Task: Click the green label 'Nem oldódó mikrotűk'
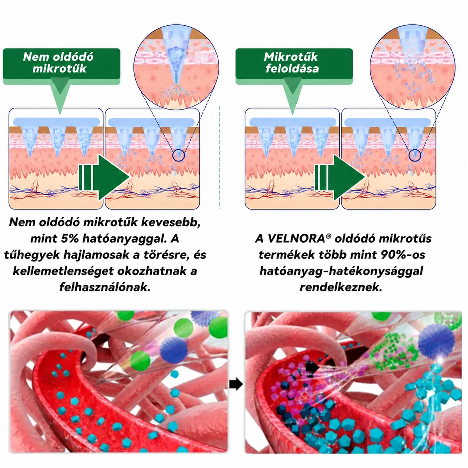coord(62,64)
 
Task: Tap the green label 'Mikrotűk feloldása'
coord(294,64)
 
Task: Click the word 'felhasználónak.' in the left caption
coord(105,287)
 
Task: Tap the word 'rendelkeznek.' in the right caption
coord(341,287)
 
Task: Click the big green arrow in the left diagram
coord(104,177)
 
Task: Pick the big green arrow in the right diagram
coord(340,177)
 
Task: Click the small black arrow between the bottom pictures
coord(236,385)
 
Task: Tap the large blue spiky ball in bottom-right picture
coord(436,341)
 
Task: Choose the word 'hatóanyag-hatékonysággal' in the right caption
coord(341,271)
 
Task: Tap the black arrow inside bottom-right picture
coord(312,367)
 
